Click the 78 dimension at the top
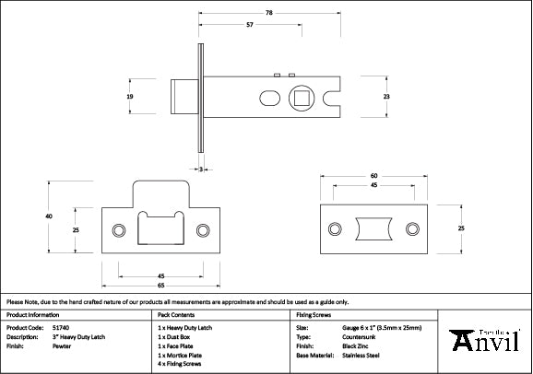(x=268, y=12)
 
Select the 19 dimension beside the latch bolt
(x=131, y=96)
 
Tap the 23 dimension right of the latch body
(x=386, y=96)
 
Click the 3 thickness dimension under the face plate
(x=200, y=169)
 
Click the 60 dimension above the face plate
(x=373, y=174)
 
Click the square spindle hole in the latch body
(x=301, y=96)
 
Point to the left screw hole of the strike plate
(x=118, y=229)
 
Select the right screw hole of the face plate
(x=412, y=229)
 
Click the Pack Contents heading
(x=176, y=315)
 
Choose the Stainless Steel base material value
(x=361, y=355)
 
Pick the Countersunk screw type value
(x=357, y=337)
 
